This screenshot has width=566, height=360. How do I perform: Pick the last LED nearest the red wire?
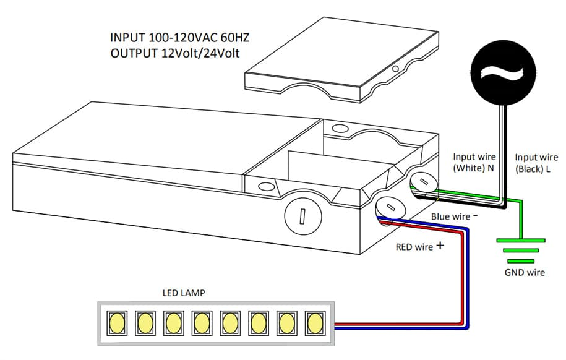click(x=315, y=322)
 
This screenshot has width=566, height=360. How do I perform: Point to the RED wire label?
click(x=414, y=247)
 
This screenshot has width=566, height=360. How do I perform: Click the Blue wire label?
click(x=450, y=217)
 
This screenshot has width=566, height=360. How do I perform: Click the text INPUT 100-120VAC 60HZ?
click(x=179, y=38)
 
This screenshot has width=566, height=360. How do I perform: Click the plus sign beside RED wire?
click(x=440, y=245)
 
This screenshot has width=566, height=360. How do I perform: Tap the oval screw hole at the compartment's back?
click(x=340, y=129)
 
